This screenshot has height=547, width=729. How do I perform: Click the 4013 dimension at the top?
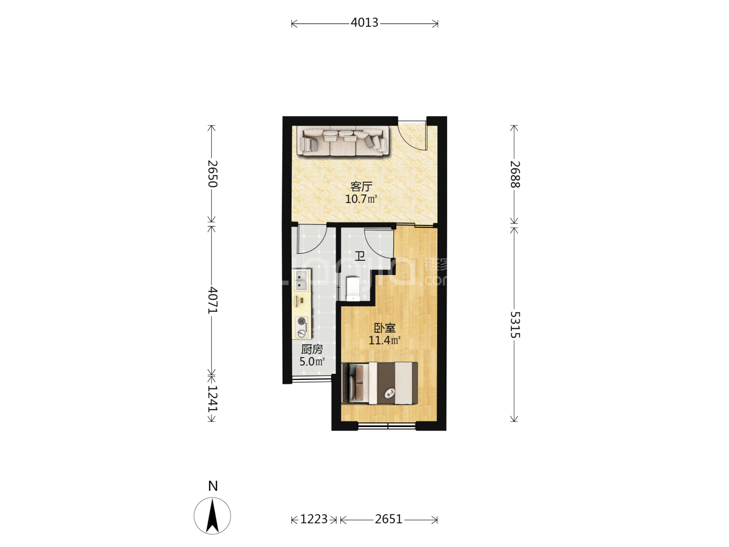tap(364, 23)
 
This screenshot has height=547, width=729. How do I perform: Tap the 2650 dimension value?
tap(213, 174)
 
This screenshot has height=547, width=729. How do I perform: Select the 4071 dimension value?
tap(213, 300)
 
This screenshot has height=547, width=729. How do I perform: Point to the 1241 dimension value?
tap(213, 399)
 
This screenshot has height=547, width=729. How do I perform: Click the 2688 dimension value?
tap(515, 174)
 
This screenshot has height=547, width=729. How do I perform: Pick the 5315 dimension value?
tap(515, 325)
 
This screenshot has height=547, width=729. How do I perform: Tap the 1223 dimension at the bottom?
tap(314, 519)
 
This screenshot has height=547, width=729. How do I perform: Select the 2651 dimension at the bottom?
tap(389, 519)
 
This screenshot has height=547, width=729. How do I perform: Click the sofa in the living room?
tap(343, 141)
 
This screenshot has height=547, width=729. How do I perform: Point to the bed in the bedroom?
tap(380, 383)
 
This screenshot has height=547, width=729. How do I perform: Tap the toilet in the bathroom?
tap(353, 289)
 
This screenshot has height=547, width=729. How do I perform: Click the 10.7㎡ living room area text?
tap(361, 199)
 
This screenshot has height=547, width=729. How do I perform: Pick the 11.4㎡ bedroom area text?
tap(385, 340)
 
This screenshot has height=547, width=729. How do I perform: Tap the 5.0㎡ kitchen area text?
tap(312, 361)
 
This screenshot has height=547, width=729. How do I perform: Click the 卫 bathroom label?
tap(359, 256)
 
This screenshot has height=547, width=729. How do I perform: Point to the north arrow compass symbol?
tap(212, 516)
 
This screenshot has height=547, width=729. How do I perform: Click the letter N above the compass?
tap(213, 486)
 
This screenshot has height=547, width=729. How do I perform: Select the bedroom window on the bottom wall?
tap(387, 426)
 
